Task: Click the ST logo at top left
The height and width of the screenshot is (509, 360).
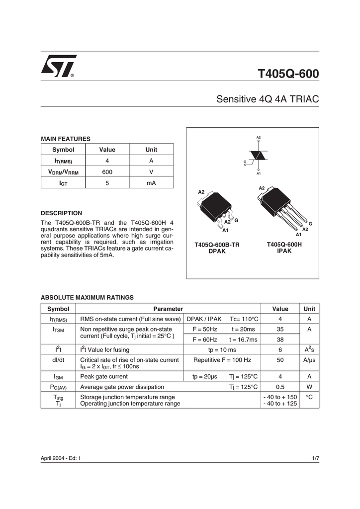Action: [x=58, y=66]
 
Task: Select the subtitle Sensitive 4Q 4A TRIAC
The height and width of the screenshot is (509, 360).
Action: [x=268, y=99]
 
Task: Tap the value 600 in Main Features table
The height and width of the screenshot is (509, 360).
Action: [x=107, y=172]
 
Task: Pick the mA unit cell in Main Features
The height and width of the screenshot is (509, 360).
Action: [x=151, y=183]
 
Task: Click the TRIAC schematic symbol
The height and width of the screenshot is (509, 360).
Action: [x=259, y=156]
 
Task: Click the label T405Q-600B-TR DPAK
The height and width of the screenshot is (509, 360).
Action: [x=217, y=248]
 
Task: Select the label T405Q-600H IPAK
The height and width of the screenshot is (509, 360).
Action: [x=284, y=248]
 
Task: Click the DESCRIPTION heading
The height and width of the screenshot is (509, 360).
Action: [x=61, y=213]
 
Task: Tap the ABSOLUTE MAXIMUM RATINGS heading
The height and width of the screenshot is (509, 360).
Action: [x=87, y=297]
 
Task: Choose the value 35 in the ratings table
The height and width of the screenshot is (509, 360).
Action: [x=280, y=329]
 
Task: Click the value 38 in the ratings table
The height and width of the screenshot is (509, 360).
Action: [x=280, y=339]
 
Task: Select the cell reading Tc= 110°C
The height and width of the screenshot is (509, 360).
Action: [x=244, y=319]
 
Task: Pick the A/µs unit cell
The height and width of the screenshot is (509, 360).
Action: [x=309, y=360]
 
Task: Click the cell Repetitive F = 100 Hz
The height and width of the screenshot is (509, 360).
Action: [x=222, y=360]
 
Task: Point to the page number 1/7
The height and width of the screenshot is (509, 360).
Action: [x=315, y=457]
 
